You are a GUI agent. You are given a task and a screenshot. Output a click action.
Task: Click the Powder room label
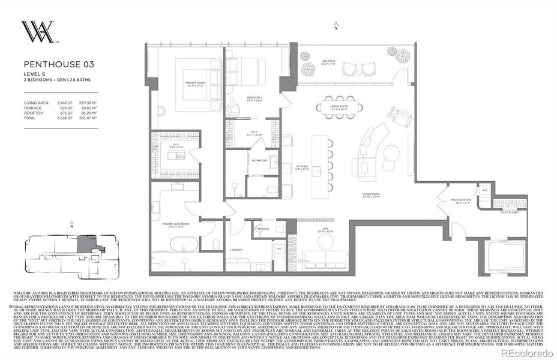tap(262, 228)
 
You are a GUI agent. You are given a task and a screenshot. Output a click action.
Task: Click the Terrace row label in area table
tap(32, 108)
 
